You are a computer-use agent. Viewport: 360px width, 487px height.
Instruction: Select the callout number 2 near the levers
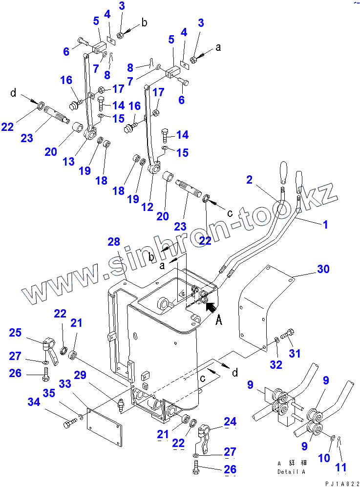250,180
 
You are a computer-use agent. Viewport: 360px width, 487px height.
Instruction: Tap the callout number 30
323,269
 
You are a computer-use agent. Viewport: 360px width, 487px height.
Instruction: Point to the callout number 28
113,242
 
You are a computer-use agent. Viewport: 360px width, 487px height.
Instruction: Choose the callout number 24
230,422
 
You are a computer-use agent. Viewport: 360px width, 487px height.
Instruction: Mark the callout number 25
16,333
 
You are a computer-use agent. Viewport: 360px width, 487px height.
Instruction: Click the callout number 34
34,402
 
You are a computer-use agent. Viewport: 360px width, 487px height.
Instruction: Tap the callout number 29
80,375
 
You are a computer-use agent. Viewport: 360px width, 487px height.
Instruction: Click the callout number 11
341,468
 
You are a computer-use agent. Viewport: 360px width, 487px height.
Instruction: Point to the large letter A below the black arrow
219,320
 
